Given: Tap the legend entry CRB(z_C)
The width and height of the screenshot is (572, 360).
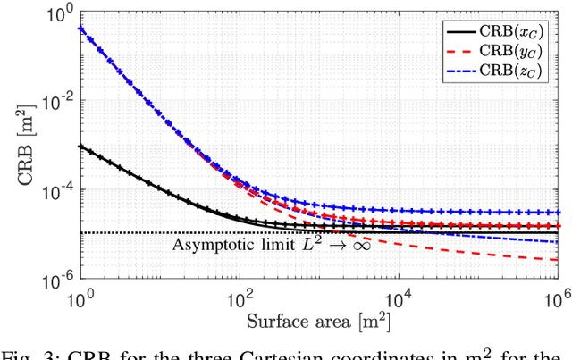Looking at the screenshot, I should pos(510,71).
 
